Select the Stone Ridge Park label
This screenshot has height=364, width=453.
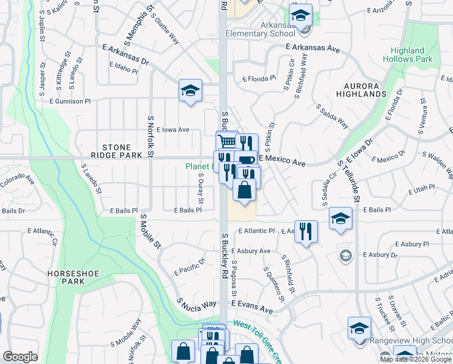click(122, 151)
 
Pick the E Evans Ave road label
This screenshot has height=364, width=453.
click(251, 308)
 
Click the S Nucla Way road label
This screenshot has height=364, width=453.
click(197, 303)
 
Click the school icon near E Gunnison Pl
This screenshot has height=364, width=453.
click(190, 91)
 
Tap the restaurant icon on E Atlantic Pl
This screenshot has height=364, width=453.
click(306, 231)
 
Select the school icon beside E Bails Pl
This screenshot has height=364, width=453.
click(340, 218)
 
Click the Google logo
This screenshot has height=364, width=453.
click(20, 357)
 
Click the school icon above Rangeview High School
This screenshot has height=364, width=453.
click(359, 327)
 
